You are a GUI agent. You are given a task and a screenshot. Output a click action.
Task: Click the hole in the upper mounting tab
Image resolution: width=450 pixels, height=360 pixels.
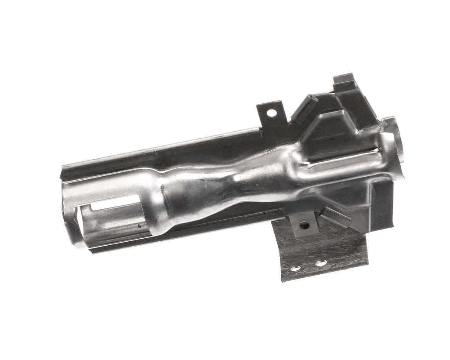coord(272,113)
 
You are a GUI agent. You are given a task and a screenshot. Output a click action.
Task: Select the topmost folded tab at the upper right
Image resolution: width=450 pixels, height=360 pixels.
coord(344,79)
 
